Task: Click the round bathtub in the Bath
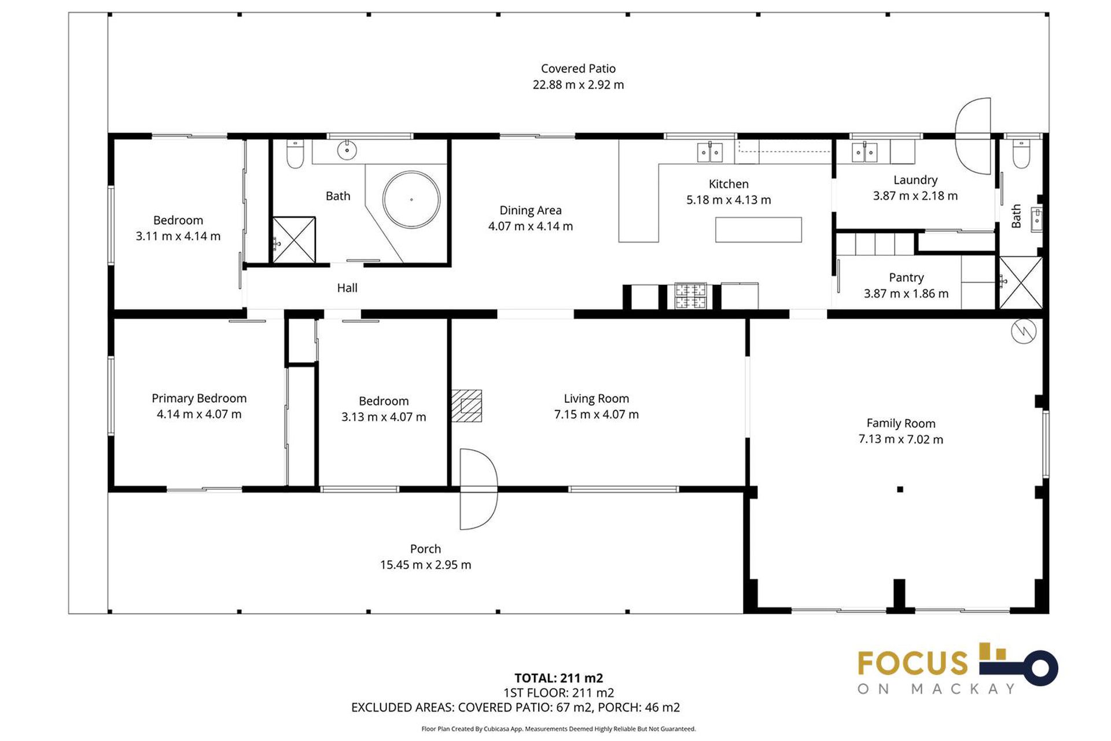[411, 199]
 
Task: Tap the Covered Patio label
[577, 68]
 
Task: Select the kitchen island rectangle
[758, 229]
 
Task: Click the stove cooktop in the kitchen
[690, 295]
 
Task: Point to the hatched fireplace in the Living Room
[466, 405]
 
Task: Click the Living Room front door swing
[478, 489]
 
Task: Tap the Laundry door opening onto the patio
[973, 136]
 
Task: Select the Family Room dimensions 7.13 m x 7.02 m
[900, 439]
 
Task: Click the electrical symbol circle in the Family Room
[1023, 331]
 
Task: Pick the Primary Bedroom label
[198, 398]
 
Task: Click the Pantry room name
[906, 277]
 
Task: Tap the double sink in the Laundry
[864, 152]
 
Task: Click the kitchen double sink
[709, 153]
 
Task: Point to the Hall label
[347, 288]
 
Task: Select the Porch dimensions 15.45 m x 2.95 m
[425, 564]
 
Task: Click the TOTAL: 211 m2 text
[558, 678]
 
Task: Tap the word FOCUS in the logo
[912, 663]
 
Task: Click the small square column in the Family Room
[900, 489]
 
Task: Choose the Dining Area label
[530, 210]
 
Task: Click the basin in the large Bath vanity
[347, 151]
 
